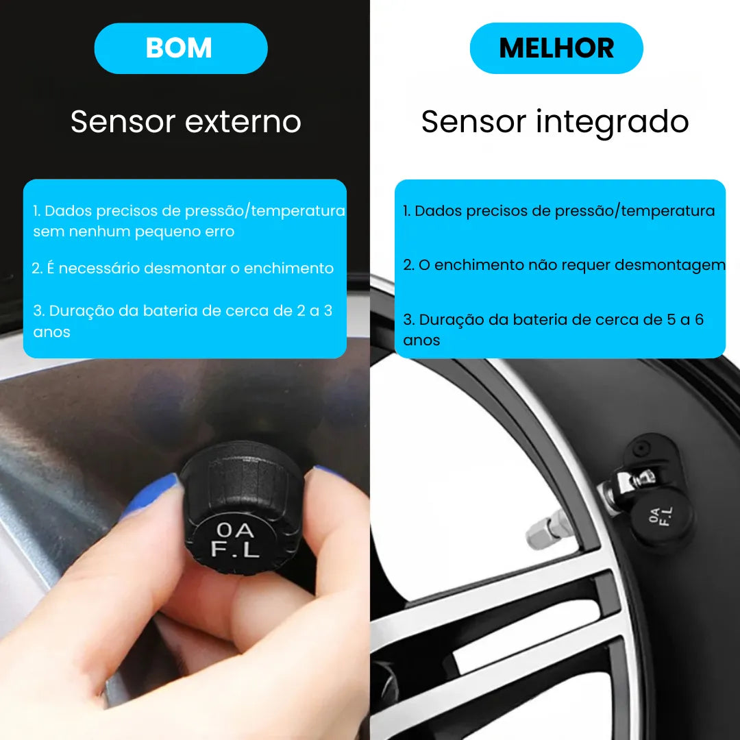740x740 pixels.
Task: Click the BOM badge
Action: click(x=180, y=49)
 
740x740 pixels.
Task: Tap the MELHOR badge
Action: click(x=556, y=49)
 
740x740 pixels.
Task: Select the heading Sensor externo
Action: click(x=186, y=122)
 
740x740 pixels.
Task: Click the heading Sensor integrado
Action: click(x=554, y=123)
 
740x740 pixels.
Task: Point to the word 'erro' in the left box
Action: click(x=219, y=232)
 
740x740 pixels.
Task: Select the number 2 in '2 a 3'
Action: click(x=301, y=311)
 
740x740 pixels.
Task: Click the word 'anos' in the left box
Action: click(x=51, y=332)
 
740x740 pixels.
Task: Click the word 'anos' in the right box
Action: click(x=421, y=341)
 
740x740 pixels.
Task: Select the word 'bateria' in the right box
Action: click(x=537, y=320)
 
